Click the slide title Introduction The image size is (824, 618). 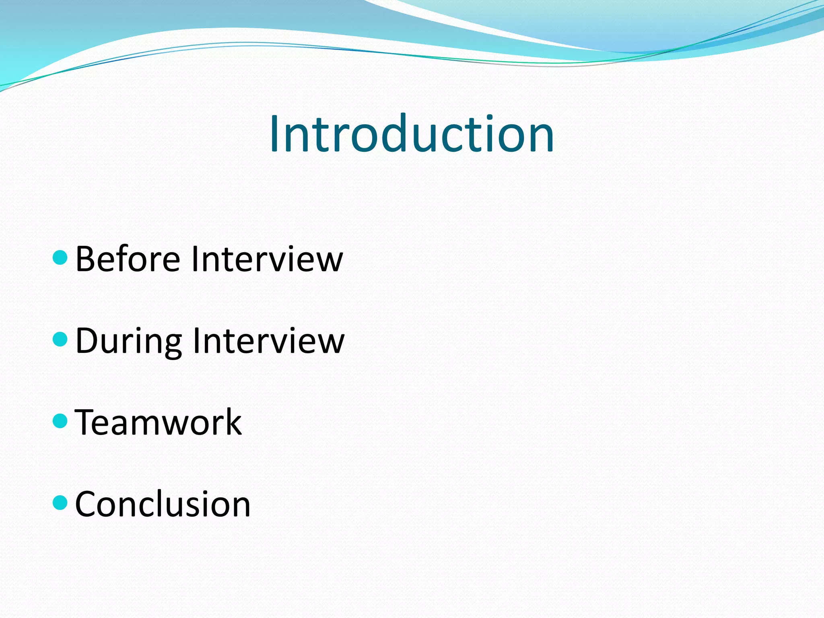[412, 134]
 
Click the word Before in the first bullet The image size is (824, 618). [128, 259]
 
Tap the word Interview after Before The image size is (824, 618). [267, 259]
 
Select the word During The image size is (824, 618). [128, 341]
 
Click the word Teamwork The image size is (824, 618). [158, 422]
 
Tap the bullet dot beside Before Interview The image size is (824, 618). [60, 257]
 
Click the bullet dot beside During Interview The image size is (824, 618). [60, 339]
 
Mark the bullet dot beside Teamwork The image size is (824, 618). [60, 421]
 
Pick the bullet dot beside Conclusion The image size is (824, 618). [60, 503]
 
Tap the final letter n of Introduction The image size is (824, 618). [541, 139]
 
